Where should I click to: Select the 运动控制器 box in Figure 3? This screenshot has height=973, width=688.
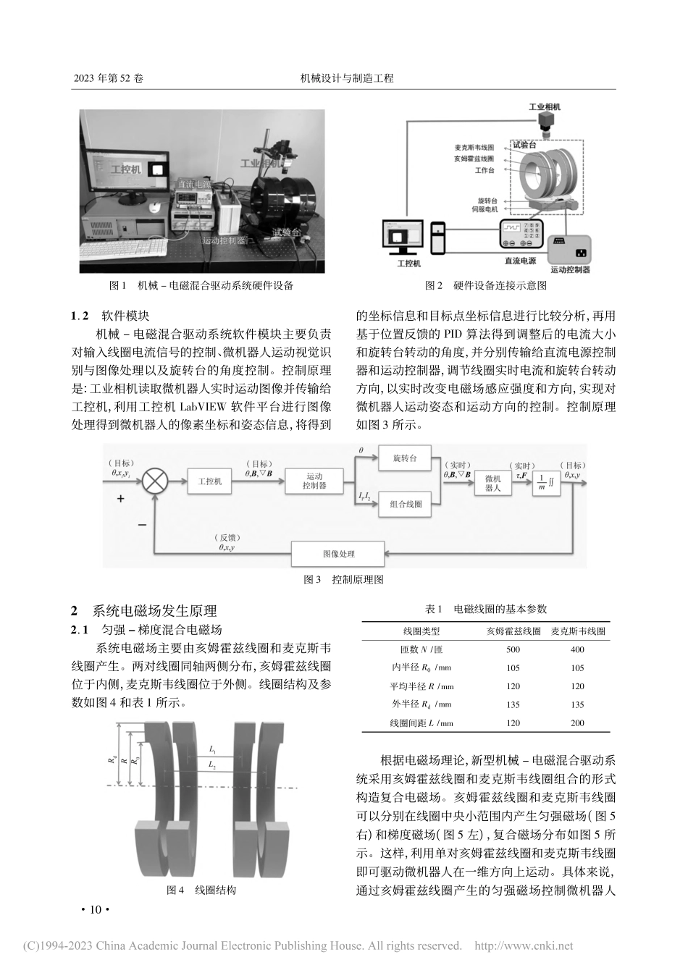tap(314, 481)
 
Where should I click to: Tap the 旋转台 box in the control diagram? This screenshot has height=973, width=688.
tap(405, 458)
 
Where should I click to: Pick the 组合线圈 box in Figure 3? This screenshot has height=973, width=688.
tap(405, 504)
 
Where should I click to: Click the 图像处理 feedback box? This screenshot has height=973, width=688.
tap(338, 555)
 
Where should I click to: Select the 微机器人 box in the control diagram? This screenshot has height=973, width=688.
tap(492, 483)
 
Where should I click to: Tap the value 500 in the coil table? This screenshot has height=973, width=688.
tap(513, 649)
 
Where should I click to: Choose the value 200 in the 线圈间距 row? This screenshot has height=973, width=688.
tap(577, 723)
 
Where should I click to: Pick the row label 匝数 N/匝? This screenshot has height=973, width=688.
tap(421, 649)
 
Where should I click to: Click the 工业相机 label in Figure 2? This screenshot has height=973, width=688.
tap(545, 106)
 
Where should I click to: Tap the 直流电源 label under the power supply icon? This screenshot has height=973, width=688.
tap(520, 259)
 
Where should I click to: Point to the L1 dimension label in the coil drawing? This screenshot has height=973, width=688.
tap(212, 751)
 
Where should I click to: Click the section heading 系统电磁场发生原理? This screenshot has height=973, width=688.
tap(154, 610)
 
